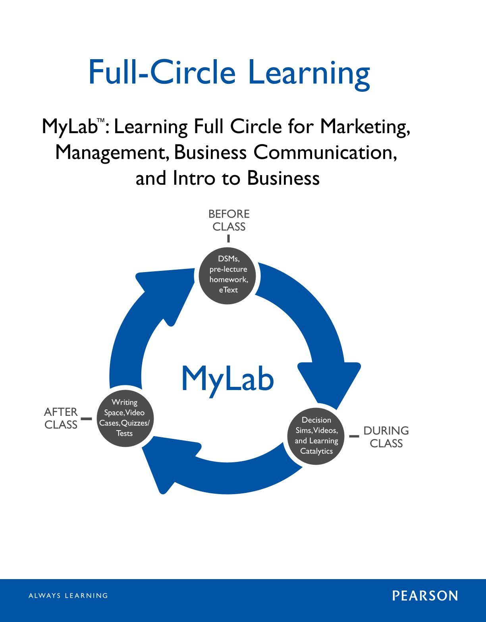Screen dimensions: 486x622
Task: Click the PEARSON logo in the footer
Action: click(425, 596)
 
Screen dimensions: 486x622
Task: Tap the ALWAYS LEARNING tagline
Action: click(68, 596)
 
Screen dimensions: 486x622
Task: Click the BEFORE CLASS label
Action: click(229, 220)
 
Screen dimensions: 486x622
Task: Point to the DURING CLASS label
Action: click(386, 437)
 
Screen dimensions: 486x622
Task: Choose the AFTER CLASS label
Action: click(61, 418)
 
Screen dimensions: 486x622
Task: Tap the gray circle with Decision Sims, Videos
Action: click(316, 436)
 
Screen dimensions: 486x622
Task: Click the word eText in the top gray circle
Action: click(228, 290)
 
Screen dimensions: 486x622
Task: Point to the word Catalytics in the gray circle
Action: click(316, 451)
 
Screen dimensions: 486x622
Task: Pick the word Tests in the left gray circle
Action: click(124, 433)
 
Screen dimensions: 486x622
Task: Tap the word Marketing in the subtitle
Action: click(365, 127)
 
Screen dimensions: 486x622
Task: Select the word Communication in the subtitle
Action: click(325, 152)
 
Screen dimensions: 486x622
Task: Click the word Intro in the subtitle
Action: click(193, 178)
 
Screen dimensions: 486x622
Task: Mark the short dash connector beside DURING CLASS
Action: click(354, 436)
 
